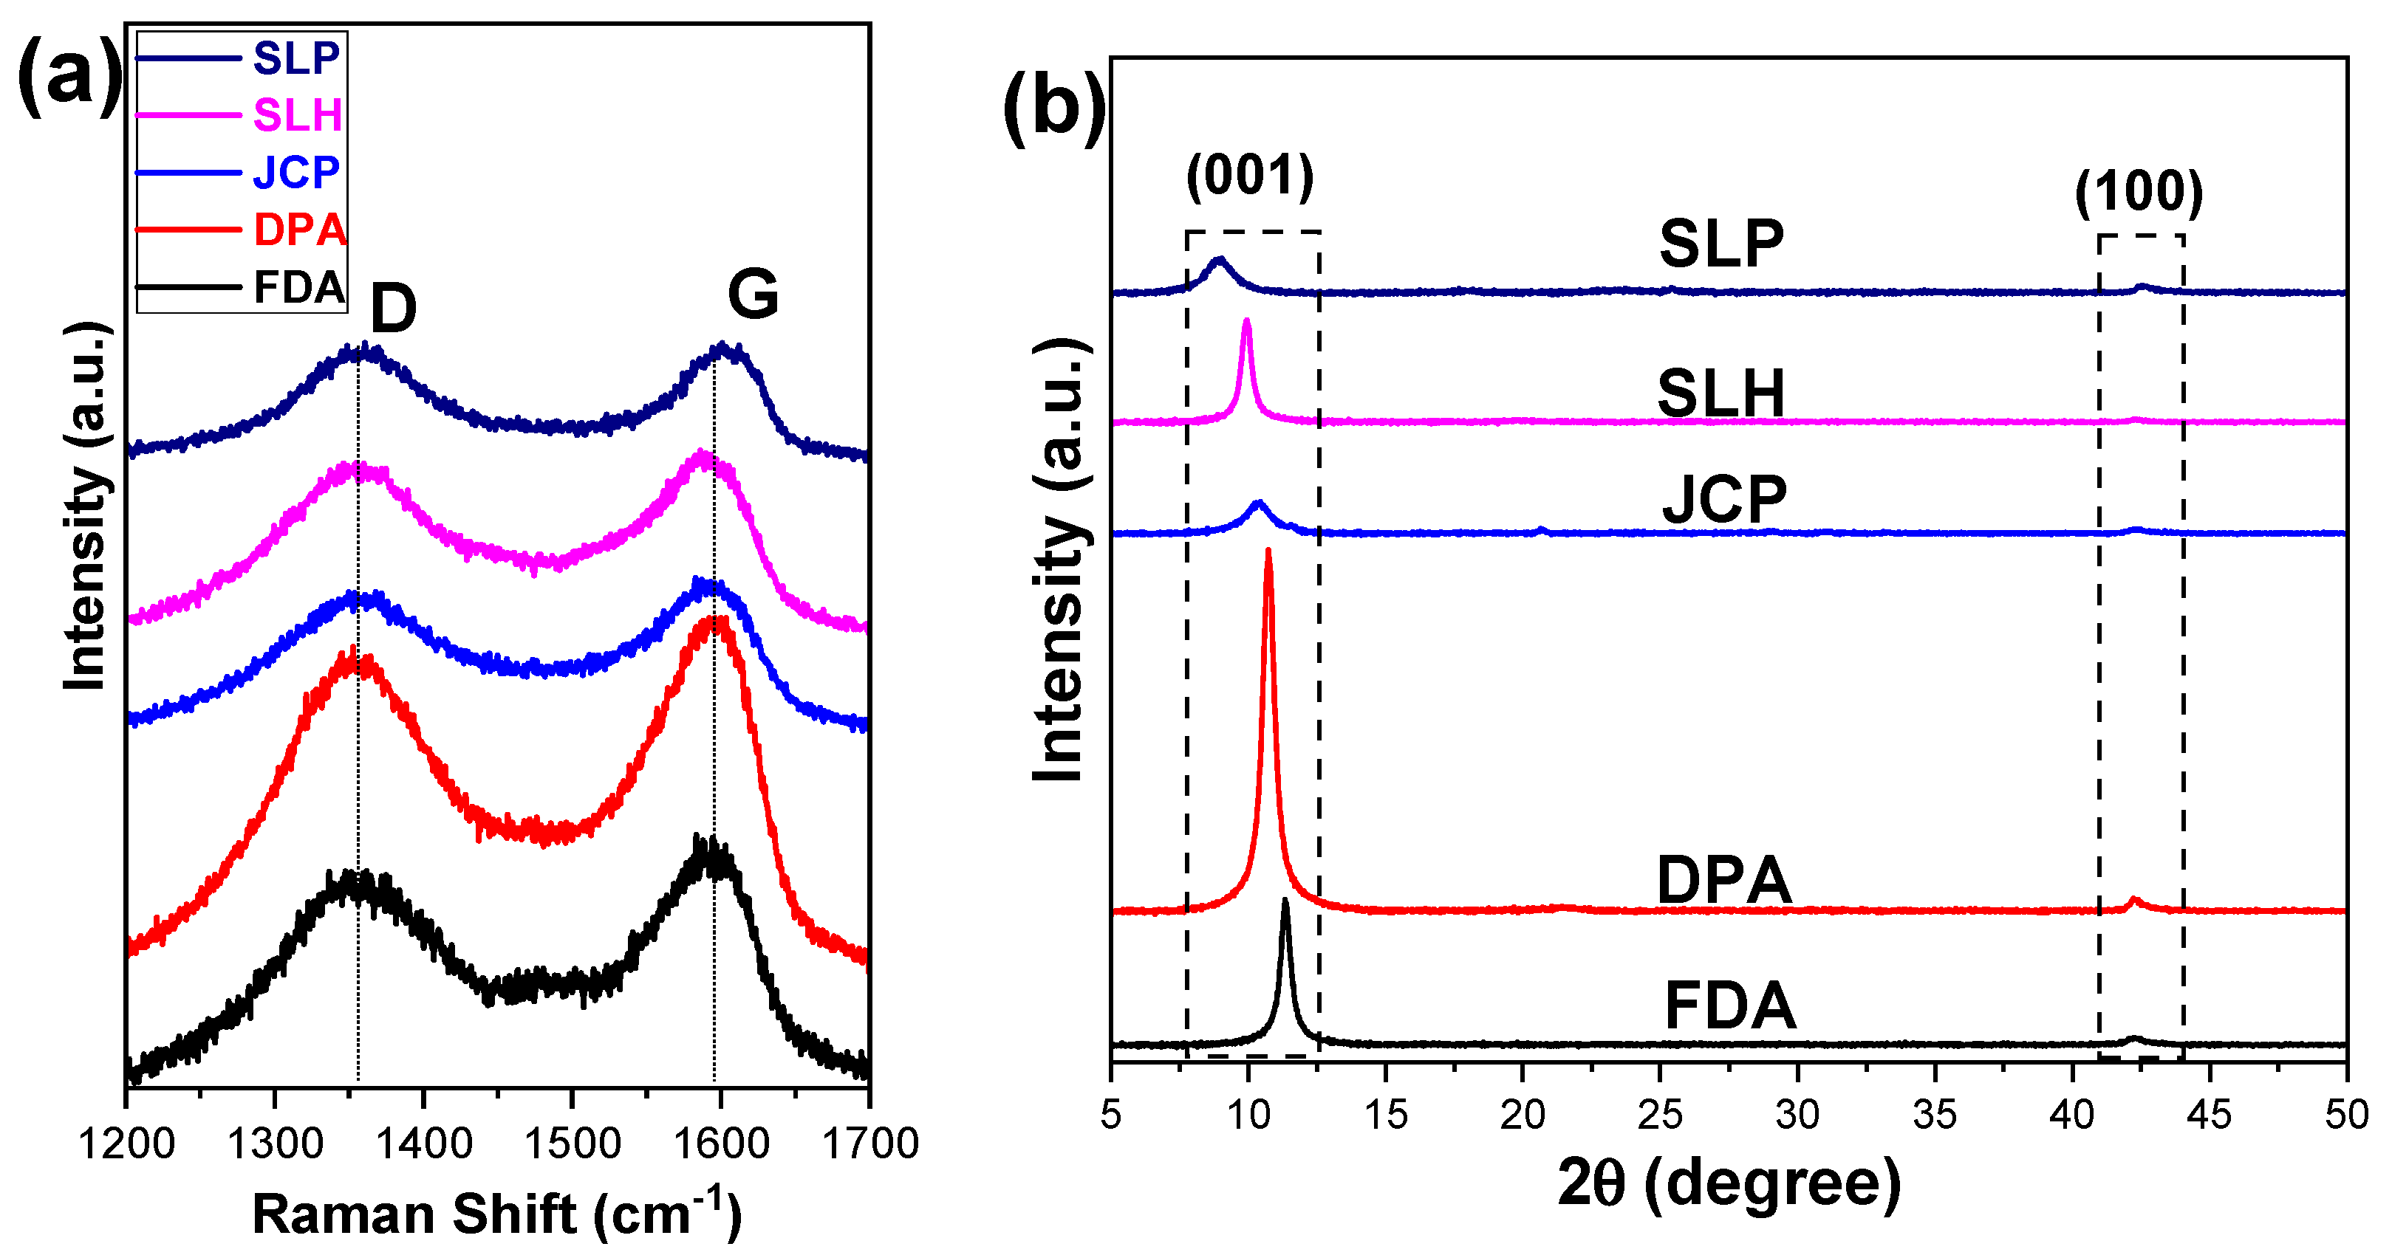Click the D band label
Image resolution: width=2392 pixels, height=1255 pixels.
coord(393,309)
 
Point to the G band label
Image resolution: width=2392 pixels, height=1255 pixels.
coord(752,295)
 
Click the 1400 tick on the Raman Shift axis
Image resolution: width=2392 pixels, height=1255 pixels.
coord(423,1144)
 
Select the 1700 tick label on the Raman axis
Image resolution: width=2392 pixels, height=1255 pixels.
coord(870,1144)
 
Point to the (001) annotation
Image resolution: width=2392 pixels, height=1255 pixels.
coord(1250,176)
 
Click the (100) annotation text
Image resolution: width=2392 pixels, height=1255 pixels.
coord(2139,192)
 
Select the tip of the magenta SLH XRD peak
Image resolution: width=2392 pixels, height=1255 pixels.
coord(1246,321)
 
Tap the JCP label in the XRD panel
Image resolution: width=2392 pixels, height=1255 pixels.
coord(1723,501)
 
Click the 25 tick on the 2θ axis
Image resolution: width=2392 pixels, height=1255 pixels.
coord(1660,1115)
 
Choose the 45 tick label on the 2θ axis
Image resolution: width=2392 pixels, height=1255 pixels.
coord(2209,1115)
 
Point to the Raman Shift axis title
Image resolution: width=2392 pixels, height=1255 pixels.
coord(496,1214)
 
